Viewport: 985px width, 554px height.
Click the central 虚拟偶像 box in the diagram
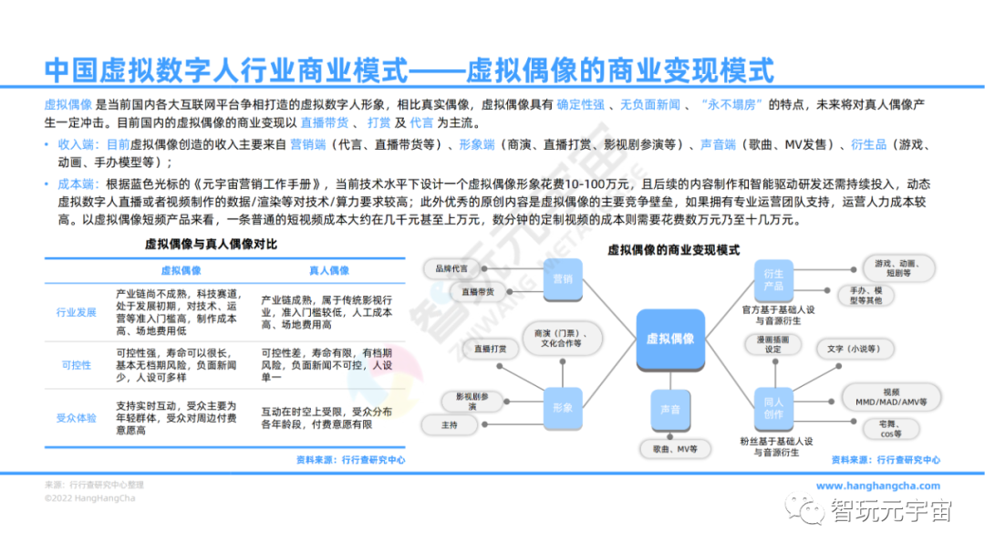pyautogui.click(x=669, y=339)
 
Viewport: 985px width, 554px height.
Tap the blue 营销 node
pyautogui.click(x=562, y=279)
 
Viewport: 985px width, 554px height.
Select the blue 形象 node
pyautogui.click(x=562, y=407)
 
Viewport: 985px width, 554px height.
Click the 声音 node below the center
pyautogui.click(x=669, y=410)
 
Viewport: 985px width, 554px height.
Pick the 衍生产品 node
pyautogui.click(x=772, y=280)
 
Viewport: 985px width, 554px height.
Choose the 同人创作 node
pyautogui.click(x=772, y=408)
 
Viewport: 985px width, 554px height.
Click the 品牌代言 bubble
pyautogui.click(x=451, y=268)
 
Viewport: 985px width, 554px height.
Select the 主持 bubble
pyautogui.click(x=450, y=424)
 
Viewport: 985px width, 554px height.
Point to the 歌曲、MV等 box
pyautogui.click(x=675, y=449)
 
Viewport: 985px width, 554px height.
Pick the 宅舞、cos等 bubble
pyautogui.click(x=883, y=430)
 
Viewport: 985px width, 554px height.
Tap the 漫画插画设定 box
pyautogui.click(x=772, y=344)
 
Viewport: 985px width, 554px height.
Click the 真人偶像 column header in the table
pyautogui.click(x=327, y=271)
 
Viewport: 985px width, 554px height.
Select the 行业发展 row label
pyautogui.click(x=77, y=312)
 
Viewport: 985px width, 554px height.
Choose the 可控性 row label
pyautogui.click(x=77, y=365)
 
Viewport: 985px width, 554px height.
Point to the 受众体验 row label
pyautogui.click(x=77, y=418)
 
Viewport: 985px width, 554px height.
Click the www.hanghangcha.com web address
pyautogui.click(x=877, y=486)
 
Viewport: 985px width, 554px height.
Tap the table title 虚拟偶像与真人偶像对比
pyautogui.click(x=211, y=245)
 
